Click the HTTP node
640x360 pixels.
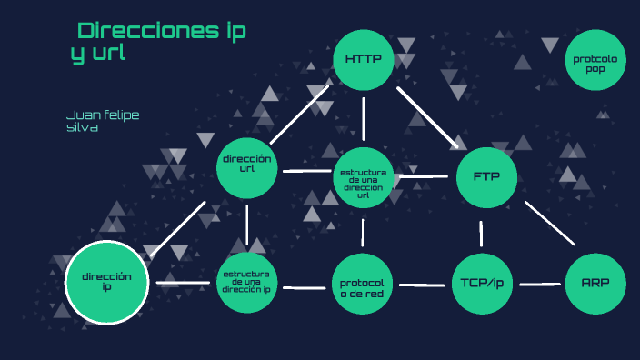coord(364,60)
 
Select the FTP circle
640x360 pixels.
coord(486,176)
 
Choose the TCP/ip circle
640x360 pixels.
coord(482,283)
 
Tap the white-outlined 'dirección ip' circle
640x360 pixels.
coord(106,283)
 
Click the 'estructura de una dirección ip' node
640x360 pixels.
coord(246,283)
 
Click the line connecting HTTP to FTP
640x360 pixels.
coord(428,116)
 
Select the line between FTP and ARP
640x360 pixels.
coord(550,223)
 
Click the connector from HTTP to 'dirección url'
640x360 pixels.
coord(305,114)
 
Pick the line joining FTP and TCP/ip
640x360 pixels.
coord(481,234)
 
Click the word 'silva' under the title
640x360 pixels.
coord(82,128)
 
